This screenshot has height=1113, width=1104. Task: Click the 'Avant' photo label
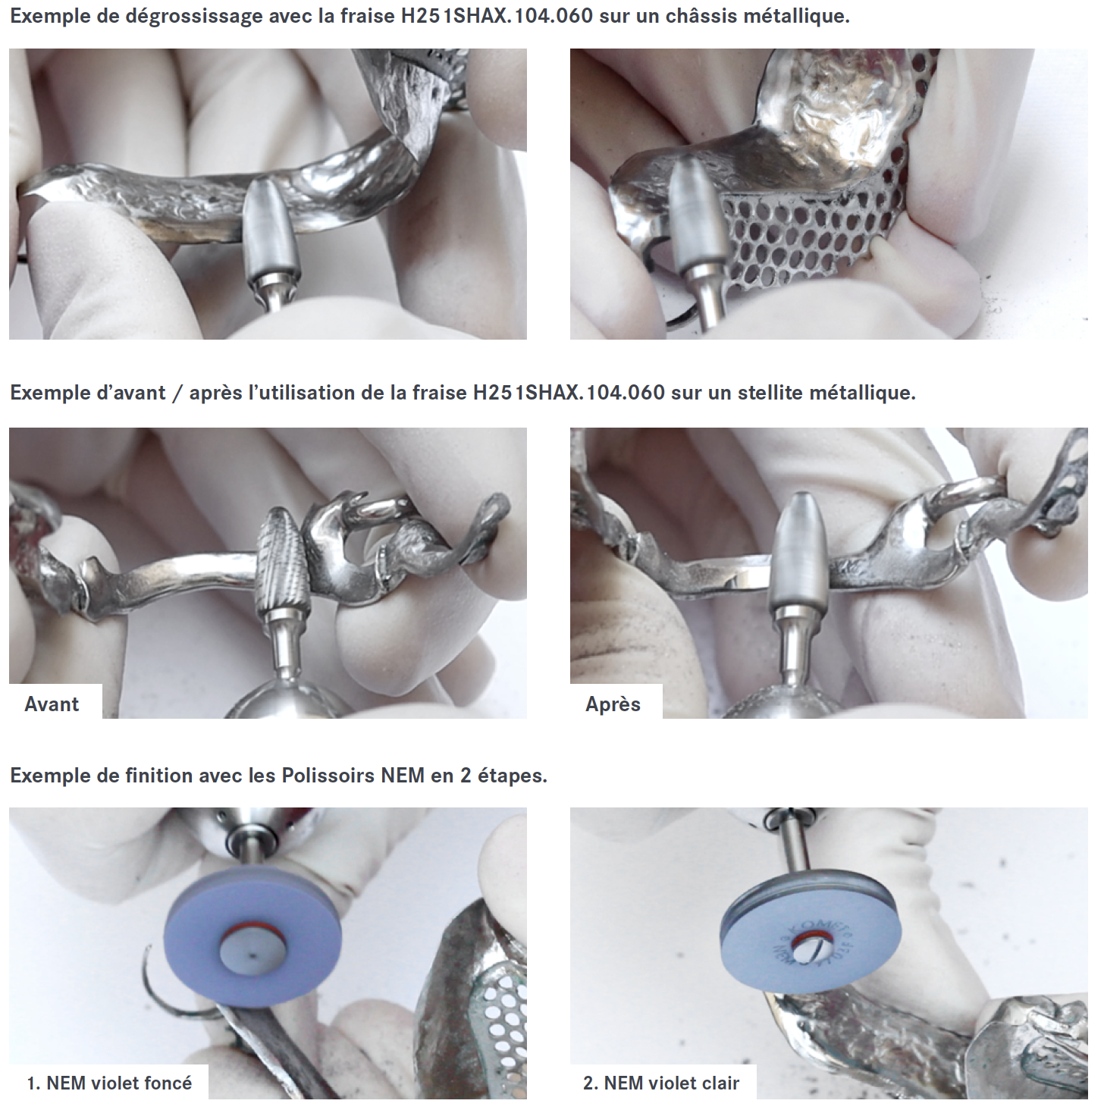[x=52, y=704]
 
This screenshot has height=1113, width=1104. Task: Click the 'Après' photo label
[x=613, y=704]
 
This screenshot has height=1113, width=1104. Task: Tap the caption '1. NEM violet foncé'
[x=109, y=1083]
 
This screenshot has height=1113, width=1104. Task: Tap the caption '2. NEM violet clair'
[x=661, y=1083]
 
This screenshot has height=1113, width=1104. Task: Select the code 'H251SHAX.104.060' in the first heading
[x=497, y=16]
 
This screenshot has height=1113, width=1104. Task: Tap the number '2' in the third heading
[x=466, y=776]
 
